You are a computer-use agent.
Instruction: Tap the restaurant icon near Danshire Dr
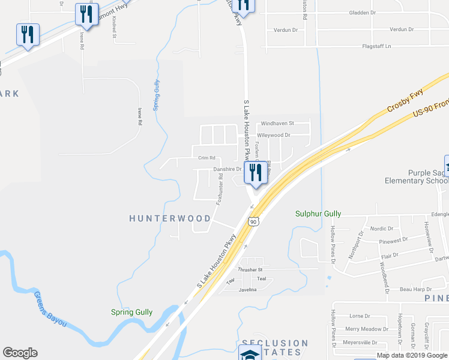click(x=255, y=173)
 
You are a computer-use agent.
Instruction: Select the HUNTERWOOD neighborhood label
click(x=170, y=218)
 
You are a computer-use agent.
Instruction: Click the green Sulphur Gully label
click(x=318, y=214)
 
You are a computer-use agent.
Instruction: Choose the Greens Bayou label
click(x=50, y=309)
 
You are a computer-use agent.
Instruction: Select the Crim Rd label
click(x=206, y=158)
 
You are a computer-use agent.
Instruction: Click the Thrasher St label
click(x=252, y=270)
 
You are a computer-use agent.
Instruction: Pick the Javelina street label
click(x=247, y=290)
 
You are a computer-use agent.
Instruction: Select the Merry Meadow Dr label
click(x=367, y=329)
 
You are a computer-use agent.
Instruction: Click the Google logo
click(x=20, y=353)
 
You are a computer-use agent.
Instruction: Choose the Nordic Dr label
click(x=382, y=229)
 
